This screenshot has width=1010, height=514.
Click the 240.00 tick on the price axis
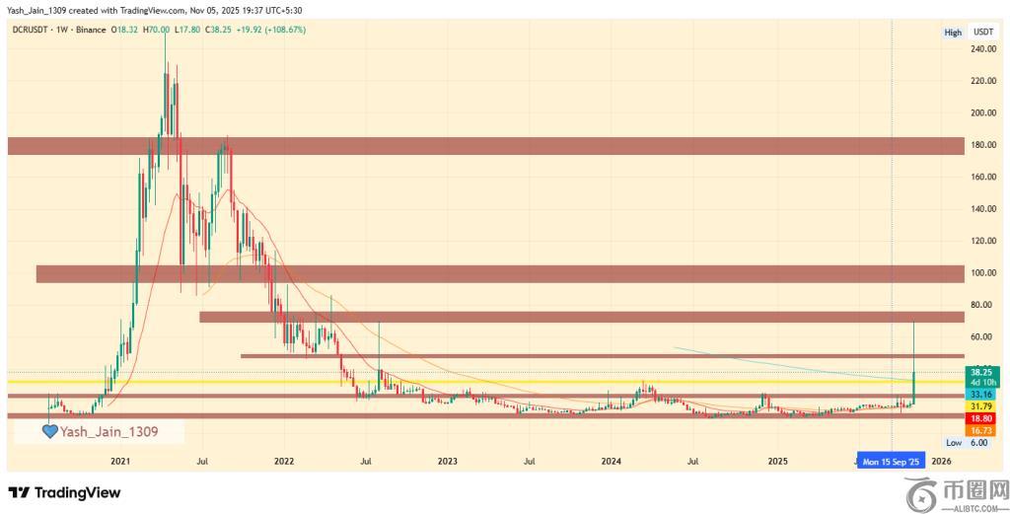pyautogui.click(x=981, y=49)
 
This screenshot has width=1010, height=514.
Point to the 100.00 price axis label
pyautogui.click(x=981, y=273)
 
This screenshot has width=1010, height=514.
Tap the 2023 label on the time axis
pyautogui.click(x=447, y=461)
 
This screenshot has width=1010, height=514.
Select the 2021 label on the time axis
pyautogui.click(x=120, y=461)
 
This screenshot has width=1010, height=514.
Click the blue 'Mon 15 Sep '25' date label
pyautogui.click(x=891, y=461)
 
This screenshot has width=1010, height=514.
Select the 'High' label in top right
pyautogui.click(x=953, y=33)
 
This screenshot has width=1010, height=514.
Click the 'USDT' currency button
pyautogui.click(x=982, y=33)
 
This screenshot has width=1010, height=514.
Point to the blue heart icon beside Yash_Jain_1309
pyautogui.click(x=49, y=431)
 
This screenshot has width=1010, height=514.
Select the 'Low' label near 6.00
pyautogui.click(x=953, y=443)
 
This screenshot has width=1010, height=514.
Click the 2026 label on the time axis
pyautogui.click(x=941, y=461)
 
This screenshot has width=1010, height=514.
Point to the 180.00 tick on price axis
pyautogui.click(x=981, y=145)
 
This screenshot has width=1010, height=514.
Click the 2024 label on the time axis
pyautogui.click(x=611, y=461)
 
